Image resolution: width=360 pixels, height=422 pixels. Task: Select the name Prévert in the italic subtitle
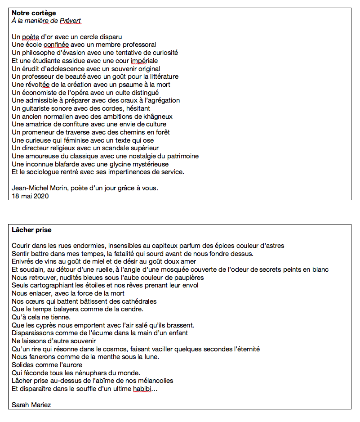71,21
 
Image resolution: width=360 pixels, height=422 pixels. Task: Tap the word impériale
144,61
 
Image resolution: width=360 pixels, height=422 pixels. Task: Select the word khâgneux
155,117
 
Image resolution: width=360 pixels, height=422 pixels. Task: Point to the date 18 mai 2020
30,196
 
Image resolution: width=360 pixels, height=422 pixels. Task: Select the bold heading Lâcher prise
31,230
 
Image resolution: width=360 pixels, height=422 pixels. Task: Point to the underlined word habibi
139,389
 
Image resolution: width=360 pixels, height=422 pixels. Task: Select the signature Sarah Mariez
31,405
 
